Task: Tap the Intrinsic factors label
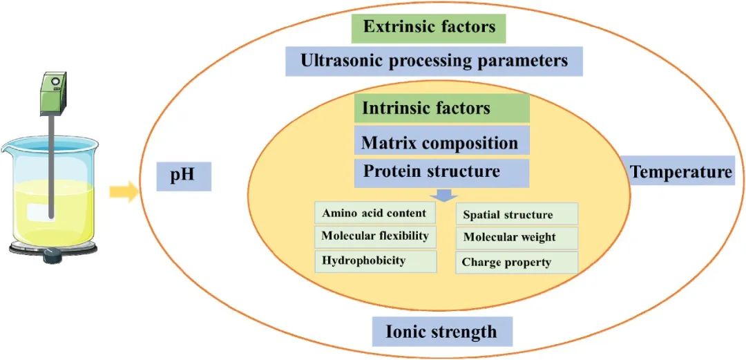442,108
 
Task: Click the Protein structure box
442,173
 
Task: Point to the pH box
184,177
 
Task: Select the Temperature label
681,171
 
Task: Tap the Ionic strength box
443,332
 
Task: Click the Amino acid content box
375,213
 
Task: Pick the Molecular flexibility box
375,237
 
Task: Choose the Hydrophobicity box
375,261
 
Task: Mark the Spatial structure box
517,214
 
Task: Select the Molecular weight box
517,238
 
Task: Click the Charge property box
517,263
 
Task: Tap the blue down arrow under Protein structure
444,196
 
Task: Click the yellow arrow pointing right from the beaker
124,192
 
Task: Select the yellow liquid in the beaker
52,212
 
